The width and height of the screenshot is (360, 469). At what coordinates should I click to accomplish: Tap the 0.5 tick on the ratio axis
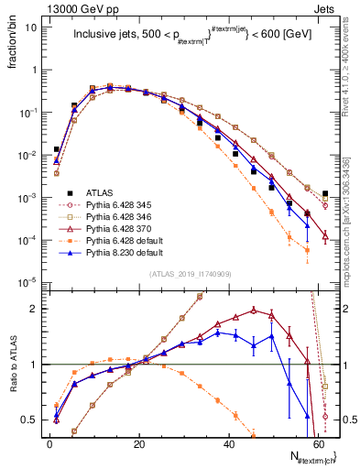34,420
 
